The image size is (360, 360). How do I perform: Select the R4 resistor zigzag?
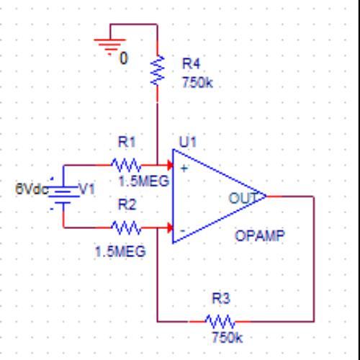[x=158, y=70]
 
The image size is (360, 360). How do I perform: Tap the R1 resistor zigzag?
[x=126, y=166]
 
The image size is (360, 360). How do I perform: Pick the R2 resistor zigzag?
[x=126, y=228]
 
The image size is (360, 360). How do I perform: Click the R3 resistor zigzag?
[x=220, y=321]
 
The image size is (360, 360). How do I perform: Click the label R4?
[x=191, y=64]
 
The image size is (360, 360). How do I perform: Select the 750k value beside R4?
[x=197, y=83]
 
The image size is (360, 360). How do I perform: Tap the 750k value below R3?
[x=227, y=338]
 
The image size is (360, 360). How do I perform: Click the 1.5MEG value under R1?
[x=144, y=181]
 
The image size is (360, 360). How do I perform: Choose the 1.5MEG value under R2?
[x=120, y=251]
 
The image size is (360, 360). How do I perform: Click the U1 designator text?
[x=188, y=142]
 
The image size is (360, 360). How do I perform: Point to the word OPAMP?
[x=260, y=235]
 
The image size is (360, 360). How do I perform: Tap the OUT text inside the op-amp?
[x=243, y=198]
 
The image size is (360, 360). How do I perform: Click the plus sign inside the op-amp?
[x=184, y=168]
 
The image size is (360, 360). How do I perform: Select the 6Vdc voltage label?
[x=32, y=189]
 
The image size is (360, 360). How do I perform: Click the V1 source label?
[x=87, y=189]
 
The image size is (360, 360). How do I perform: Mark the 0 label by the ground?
[x=124, y=58]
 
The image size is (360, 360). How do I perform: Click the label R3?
[x=221, y=299]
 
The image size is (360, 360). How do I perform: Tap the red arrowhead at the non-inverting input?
[x=170, y=166]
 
